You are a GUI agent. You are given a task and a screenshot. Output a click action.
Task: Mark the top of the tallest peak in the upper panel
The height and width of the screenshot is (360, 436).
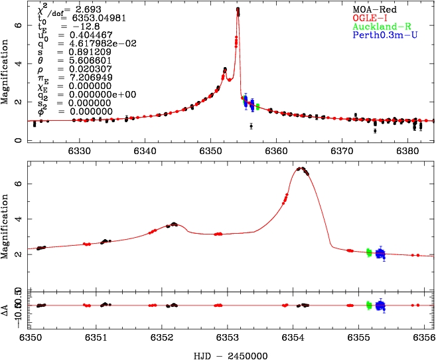[238, 9]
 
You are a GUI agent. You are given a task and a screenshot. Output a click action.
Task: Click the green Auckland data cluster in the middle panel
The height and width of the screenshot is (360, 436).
[369, 252]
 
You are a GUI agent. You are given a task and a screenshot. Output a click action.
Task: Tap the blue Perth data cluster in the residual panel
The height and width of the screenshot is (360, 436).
[380, 306]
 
